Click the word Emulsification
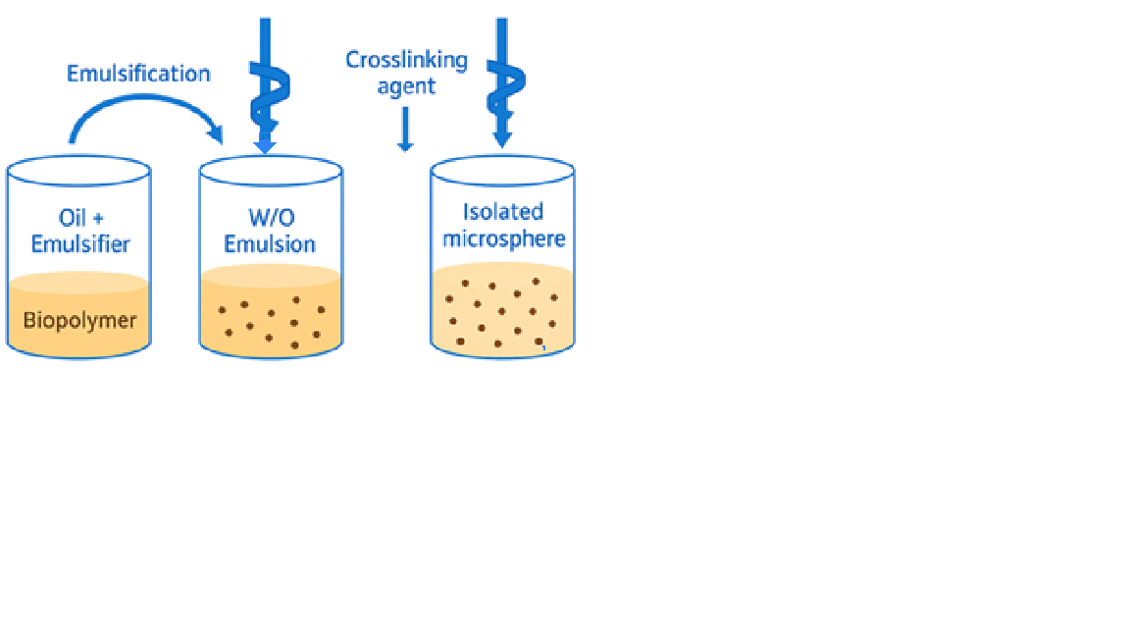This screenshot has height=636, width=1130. pyautogui.click(x=138, y=74)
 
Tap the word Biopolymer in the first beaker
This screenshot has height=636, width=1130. pyautogui.click(x=79, y=320)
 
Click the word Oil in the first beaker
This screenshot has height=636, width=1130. pyautogui.click(x=67, y=216)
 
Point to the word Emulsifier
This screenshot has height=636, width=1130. pyautogui.click(x=80, y=243)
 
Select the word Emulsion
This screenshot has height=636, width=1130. pyautogui.click(x=270, y=243)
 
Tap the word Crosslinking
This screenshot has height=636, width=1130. pyautogui.click(x=406, y=60)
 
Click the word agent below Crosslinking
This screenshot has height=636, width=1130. pyautogui.click(x=406, y=86)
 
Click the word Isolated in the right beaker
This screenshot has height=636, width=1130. pyautogui.click(x=503, y=211)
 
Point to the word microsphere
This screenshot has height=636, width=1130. pyautogui.click(x=504, y=238)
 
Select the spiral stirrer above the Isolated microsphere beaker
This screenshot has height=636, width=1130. pyautogui.click(x=502, y=83)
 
